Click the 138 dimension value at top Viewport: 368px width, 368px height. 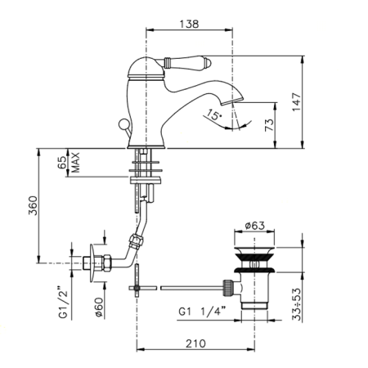tap(189, 24)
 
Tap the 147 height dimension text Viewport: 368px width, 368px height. tap(296, 102)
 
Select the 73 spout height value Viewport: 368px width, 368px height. tap(269, 125)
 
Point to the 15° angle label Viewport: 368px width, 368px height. tap(214, 114)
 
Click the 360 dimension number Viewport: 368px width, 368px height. tap(34, 205)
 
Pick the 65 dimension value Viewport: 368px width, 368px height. tap(61, 163)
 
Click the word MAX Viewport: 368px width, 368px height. tap(75, 163)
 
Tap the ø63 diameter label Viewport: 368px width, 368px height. tap(254, 226)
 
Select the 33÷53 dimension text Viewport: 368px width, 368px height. tap(297, 304)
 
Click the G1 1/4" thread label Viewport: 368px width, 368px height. tap(203, 312)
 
